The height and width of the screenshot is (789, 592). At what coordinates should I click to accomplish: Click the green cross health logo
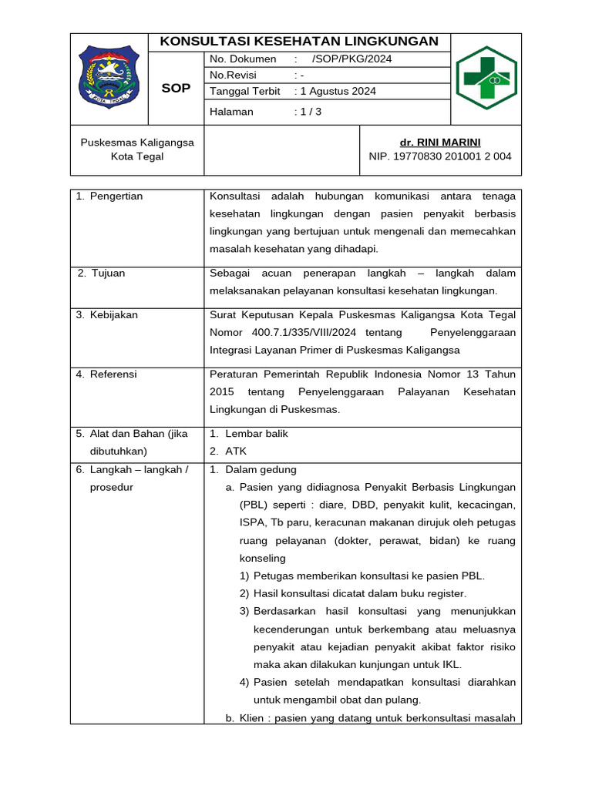[x=486, y=79]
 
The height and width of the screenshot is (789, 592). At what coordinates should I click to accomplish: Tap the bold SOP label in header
[x=175, y=89]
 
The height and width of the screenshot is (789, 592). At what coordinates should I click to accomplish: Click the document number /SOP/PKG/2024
[x=351, y=59]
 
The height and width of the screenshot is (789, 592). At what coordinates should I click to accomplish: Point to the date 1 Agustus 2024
[x=338, y=92]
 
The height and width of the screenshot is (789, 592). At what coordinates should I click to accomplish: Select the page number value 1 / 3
[x=311, y=112]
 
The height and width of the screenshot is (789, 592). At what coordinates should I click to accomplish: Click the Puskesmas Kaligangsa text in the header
[x=137, y=143]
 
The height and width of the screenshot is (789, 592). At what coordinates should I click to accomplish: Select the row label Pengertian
[x=116, y=196]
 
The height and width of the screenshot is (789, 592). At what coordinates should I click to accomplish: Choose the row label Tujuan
[x=108, y=274]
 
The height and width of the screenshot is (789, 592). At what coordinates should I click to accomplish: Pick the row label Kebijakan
[x=114, y=315]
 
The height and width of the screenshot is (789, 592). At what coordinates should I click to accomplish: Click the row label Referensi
[x=113, y=374]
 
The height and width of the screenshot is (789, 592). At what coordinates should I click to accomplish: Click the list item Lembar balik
[x=257, y=434]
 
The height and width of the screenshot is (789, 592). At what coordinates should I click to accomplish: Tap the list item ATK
[x=237, y=452]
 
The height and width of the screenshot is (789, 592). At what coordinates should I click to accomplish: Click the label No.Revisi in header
[x=234, y=76]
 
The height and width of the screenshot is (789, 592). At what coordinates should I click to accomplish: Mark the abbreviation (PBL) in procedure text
[x=253, y=505]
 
